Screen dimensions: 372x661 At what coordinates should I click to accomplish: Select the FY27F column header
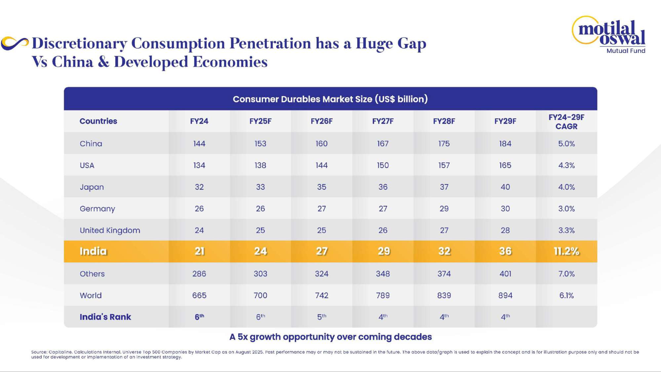383,121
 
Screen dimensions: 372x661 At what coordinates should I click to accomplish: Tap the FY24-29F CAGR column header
566,122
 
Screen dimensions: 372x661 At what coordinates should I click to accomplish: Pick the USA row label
87,165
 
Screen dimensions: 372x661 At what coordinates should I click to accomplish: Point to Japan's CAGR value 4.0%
566,187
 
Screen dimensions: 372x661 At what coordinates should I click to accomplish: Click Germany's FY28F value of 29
444,208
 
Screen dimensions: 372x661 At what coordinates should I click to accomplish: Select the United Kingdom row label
110,230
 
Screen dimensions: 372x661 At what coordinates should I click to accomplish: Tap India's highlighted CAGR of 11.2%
566,251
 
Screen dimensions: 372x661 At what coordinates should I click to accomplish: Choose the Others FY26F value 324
322,274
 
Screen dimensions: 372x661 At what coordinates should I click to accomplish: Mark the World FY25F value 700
260,295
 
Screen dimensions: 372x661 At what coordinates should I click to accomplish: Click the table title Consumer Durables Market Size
330,99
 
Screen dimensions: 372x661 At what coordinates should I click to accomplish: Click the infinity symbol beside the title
15,43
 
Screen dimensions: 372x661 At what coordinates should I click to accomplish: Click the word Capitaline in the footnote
60,352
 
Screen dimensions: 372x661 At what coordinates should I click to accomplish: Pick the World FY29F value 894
505,295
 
